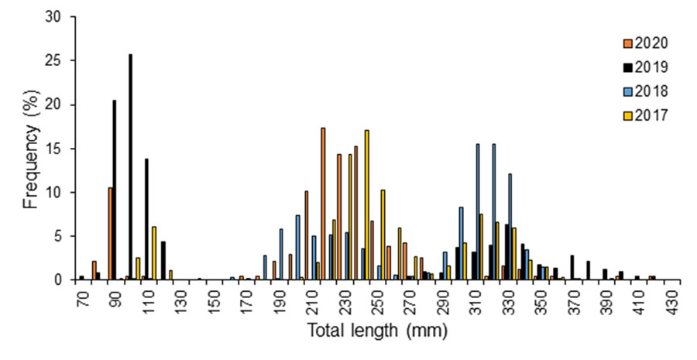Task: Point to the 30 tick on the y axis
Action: click(60, 17)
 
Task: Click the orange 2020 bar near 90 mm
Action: click(111, 233)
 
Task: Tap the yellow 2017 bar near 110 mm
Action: click(154, 252)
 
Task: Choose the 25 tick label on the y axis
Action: click(60, 60)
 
